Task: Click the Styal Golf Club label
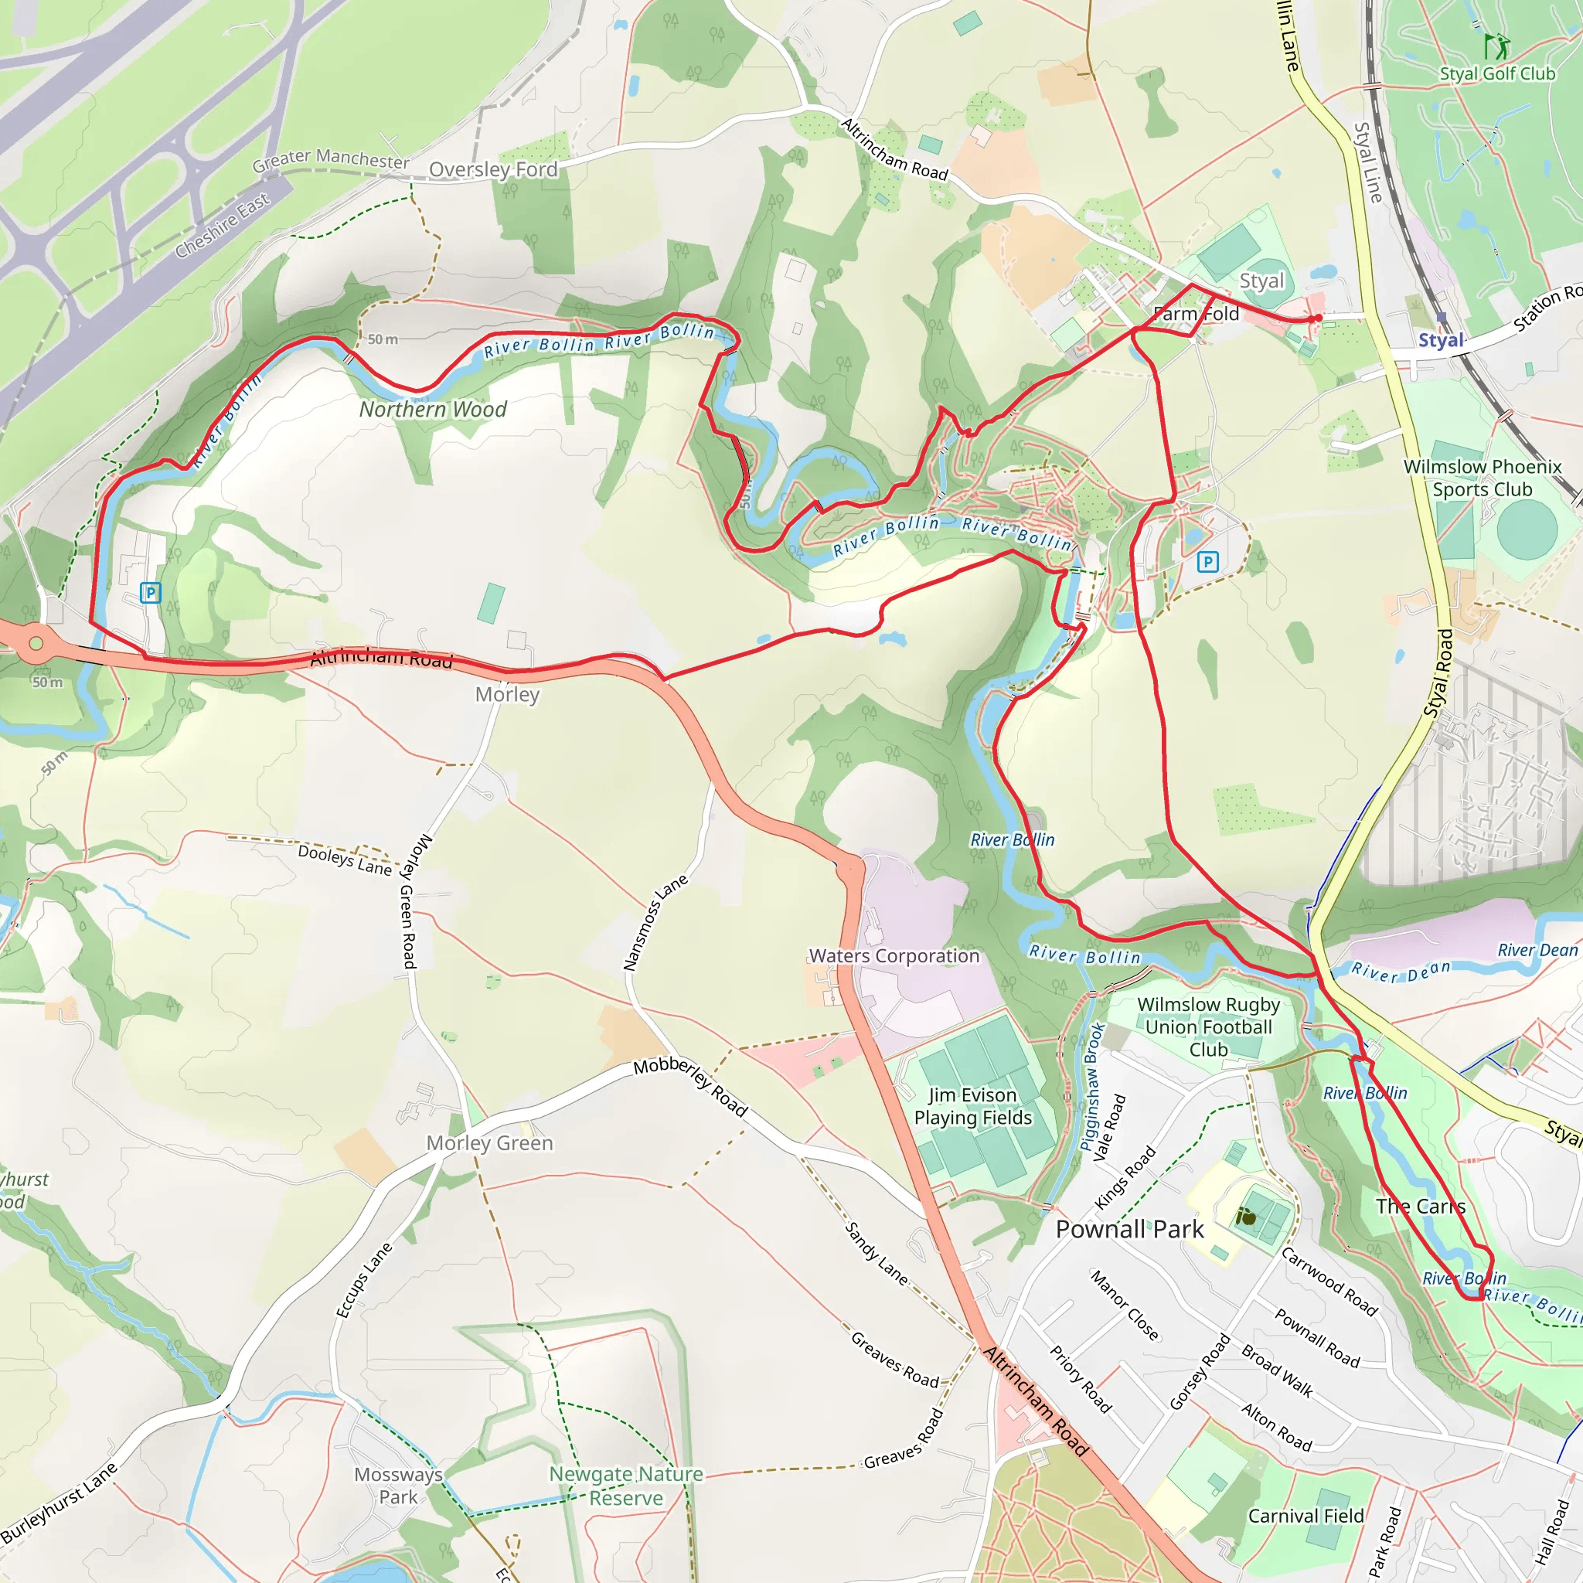(1497, 73)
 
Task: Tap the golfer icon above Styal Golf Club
(1496, 45)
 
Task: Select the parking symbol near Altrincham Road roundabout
(150, 592)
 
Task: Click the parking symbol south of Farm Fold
(1208, 561)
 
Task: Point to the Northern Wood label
(433, 410)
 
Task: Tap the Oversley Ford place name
(493, 169)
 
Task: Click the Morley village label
(507, 695)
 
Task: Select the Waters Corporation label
(894, 956)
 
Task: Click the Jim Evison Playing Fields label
(972, 1106)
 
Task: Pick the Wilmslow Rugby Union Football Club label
(1209, 1026)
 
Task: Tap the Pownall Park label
(1129, 1229)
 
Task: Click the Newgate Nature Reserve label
(626, 1486)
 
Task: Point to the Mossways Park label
(398, 1486)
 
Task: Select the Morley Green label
(489, 1143)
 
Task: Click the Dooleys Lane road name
(345, 860)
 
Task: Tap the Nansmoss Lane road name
(655, 923)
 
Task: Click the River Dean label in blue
(1401, 972)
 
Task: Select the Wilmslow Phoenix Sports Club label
(1483, 478)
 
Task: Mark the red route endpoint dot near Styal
(1319, 318)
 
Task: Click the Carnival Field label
(1306, 1516)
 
